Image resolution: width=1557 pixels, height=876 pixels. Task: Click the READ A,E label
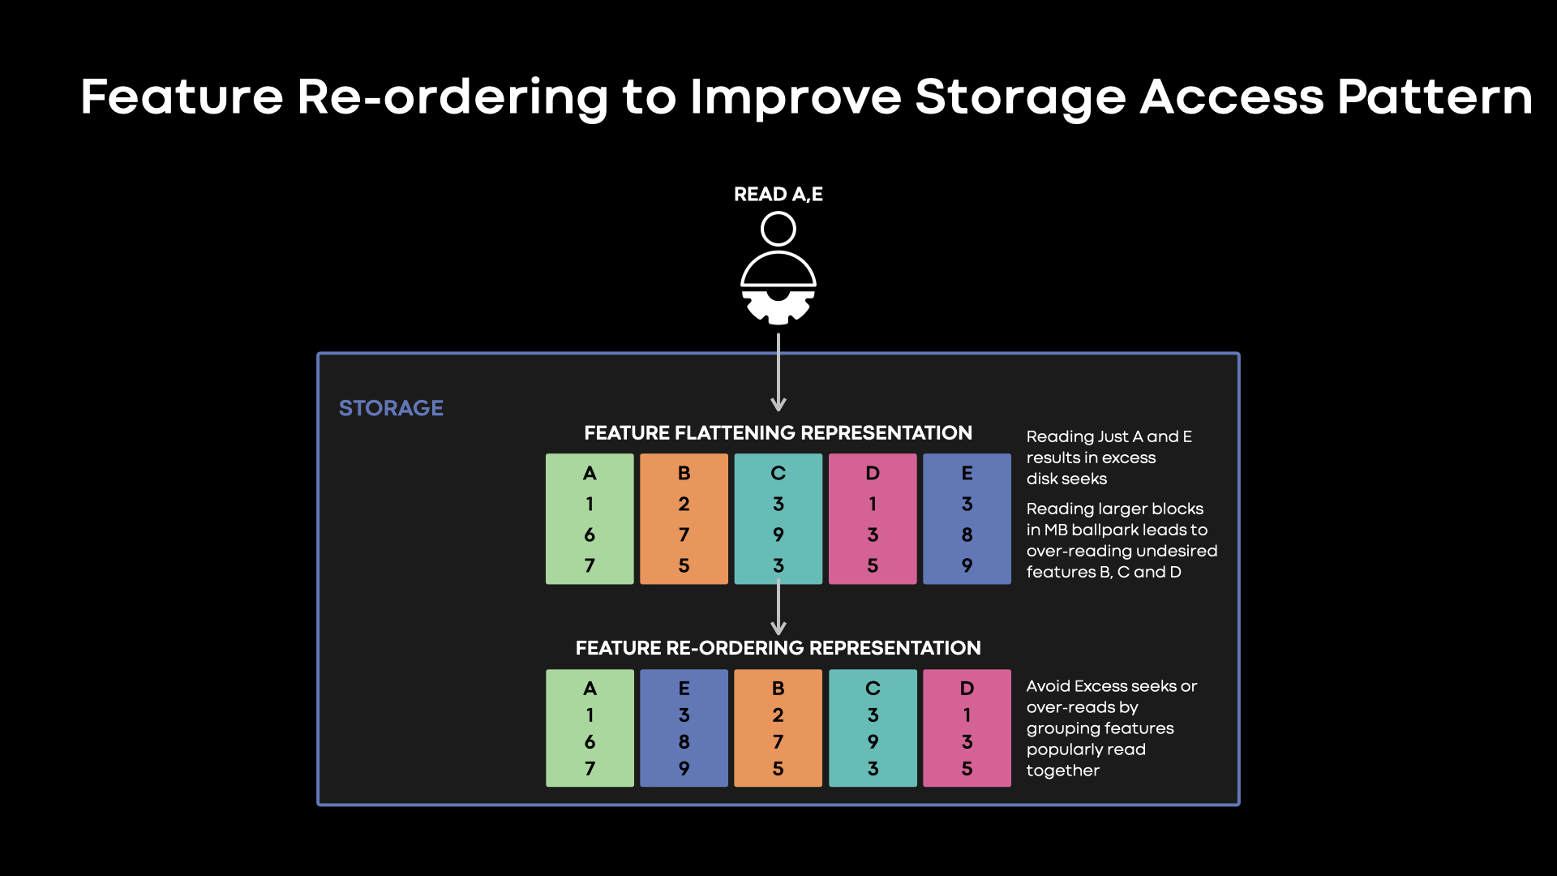click(x=778, y=195)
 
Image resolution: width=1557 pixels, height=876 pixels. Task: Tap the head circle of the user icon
click(x=778, y=229)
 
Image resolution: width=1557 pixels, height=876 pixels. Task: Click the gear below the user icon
click(x=778, y=307)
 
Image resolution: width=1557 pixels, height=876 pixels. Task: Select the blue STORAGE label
click(x=391, y=408)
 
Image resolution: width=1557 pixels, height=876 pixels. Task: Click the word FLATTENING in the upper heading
click(x=748, y=433)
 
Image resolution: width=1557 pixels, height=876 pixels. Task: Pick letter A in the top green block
click(x=590, y=473)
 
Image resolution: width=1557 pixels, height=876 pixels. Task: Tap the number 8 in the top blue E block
click(x=967, y=535)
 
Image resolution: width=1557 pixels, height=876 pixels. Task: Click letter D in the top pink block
click(x=873, y=473)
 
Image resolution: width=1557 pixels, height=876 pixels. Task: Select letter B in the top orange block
click(x=684, y=473)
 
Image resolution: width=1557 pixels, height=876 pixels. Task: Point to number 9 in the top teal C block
click(x=778, y=535)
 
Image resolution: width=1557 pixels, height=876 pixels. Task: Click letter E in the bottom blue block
click(x=684, y=689)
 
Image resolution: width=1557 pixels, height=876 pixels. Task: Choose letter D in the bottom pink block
click(x=967, y=689)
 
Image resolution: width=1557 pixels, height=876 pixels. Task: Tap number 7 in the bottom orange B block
click(x=778, y=742)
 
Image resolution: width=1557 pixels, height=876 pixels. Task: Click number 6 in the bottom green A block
click(x=590, y=742)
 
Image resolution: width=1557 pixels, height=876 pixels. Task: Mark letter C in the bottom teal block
click(x=873, y=689)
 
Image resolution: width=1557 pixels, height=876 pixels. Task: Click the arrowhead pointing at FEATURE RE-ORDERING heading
click(x=778, y=628)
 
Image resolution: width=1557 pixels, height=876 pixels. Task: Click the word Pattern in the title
click(x=1434, y=97)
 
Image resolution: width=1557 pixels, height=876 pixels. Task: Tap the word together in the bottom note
click(x=1062, y=771)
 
